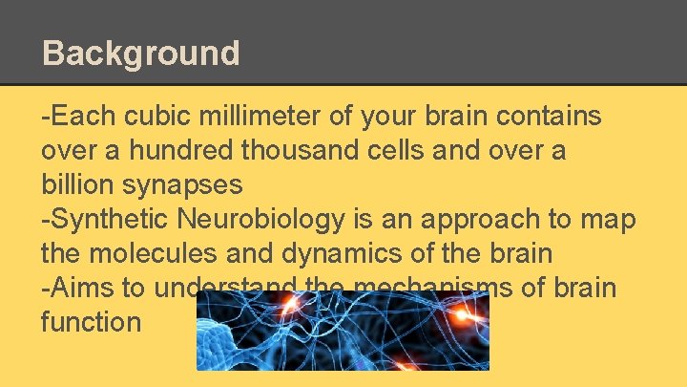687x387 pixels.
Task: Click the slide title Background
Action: (141, 53)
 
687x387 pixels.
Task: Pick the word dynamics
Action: (353, 254)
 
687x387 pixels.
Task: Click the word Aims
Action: (78, 288)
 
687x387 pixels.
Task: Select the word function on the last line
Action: (91, 322)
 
